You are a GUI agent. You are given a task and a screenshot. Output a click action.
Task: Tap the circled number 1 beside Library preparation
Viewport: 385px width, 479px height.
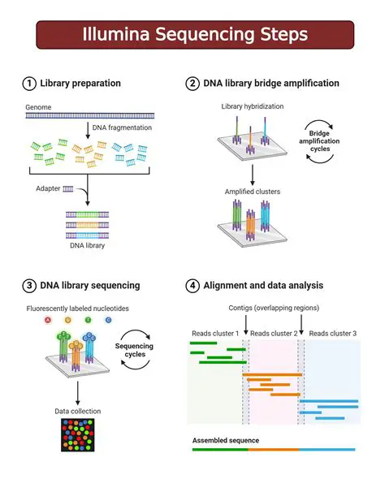click(29, 84)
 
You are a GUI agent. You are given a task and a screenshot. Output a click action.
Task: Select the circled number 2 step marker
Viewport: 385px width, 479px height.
click(192, 84)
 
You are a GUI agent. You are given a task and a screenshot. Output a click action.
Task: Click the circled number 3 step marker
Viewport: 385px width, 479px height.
click(29, 285)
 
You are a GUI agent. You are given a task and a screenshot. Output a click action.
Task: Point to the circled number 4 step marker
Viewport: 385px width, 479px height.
click(192, 285)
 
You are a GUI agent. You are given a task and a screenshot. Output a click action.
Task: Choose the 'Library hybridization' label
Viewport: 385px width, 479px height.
click(248, 106)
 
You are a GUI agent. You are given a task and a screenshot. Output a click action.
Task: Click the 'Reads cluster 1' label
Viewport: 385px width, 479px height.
click(214, 334)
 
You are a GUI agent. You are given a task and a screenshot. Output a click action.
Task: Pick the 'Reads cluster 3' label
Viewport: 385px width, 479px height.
click(333, 334)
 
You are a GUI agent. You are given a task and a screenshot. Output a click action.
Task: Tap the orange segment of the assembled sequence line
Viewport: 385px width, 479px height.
click(274, 449)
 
